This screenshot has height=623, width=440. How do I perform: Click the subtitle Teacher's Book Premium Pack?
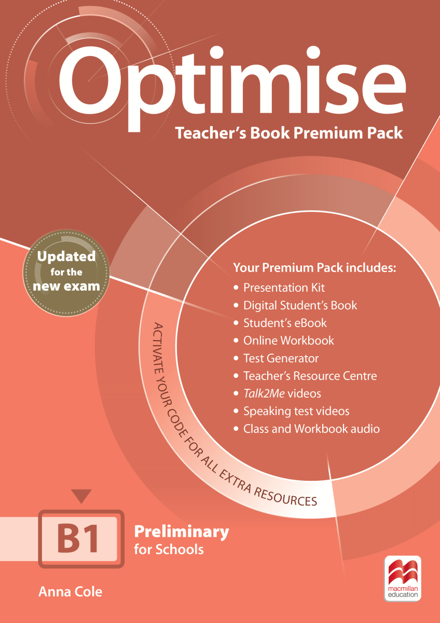point(289,133)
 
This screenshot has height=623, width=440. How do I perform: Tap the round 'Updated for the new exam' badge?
point(66,273)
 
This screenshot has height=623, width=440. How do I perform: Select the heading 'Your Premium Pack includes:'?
point(314,267)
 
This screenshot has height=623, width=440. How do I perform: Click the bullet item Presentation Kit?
point(284,288)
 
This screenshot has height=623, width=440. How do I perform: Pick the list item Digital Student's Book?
point(300,305)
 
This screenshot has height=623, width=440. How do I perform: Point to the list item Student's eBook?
point(285,323)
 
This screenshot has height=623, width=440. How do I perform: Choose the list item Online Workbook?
point(289,341)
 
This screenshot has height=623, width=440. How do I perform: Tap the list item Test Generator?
point(281,358)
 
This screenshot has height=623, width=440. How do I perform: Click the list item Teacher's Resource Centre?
point(310,376)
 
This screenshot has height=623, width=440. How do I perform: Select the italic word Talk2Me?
point(264,394)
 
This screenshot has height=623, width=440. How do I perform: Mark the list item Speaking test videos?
point(296,411)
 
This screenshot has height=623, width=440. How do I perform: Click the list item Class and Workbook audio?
point(312,429)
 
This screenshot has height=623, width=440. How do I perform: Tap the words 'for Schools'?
point(169,550)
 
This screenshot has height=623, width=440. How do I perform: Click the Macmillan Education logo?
point(403,578)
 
